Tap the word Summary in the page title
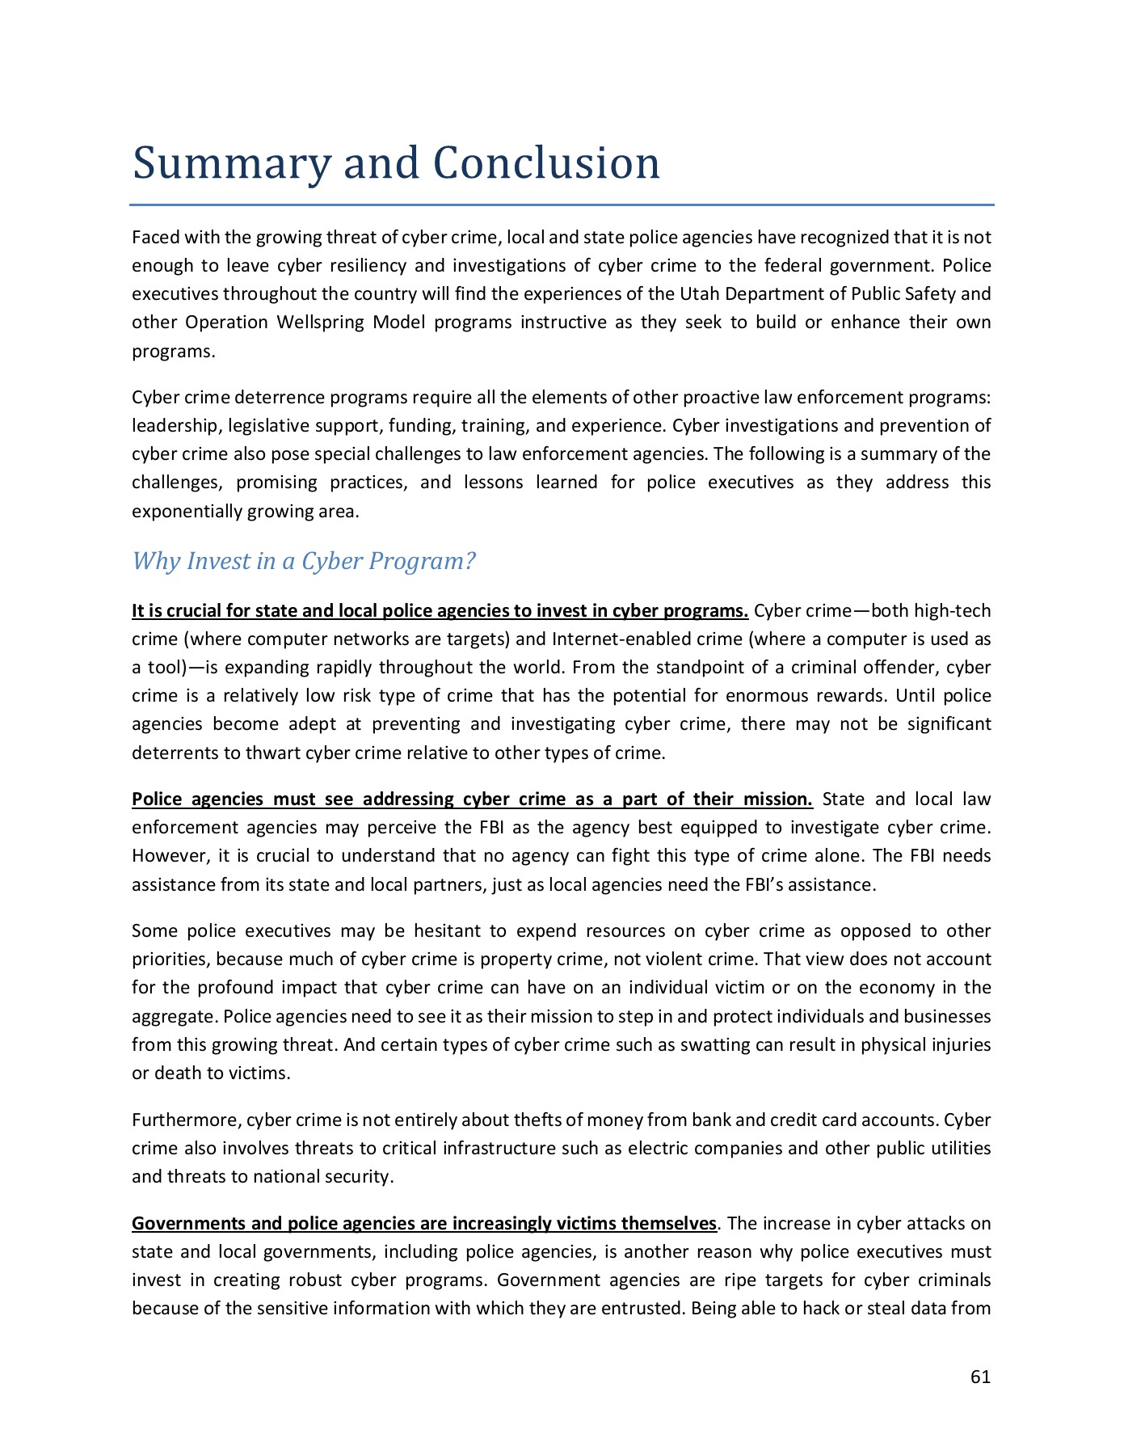click(231, 164)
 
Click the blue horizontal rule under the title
click(562, 205)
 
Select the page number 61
click(980, 1377)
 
